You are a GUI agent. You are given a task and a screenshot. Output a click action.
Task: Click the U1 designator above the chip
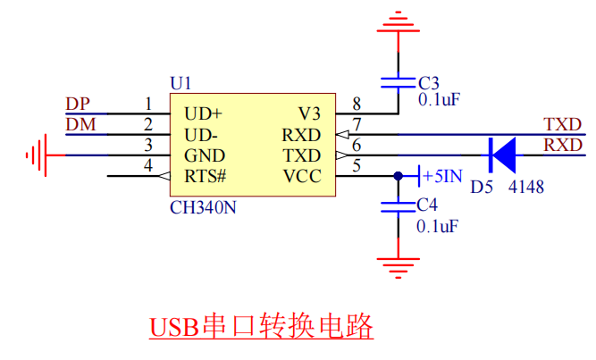(180, 83)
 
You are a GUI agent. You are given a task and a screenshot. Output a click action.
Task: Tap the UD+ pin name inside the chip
(203, 114)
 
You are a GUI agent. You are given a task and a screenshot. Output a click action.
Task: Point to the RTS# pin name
(206, 176)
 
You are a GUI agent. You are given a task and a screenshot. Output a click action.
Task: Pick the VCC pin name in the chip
(301, 176)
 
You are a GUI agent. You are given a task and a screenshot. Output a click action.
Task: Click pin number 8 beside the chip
(357, 104)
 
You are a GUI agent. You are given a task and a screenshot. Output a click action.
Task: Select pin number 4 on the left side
(148, 165)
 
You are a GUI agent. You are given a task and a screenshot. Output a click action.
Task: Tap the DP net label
(79, 104)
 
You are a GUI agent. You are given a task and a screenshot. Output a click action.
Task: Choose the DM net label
(80, 124)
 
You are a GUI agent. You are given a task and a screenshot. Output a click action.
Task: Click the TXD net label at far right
(563, 124)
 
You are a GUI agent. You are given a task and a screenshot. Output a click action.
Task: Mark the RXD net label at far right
(563, 145)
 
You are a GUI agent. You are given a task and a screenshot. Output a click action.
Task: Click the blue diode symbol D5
(502, 155)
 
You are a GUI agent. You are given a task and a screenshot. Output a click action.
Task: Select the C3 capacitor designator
(429, 83)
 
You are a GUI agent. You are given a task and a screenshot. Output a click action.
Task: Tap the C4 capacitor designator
(428, 205)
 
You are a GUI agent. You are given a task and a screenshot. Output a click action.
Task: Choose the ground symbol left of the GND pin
(37, 155)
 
